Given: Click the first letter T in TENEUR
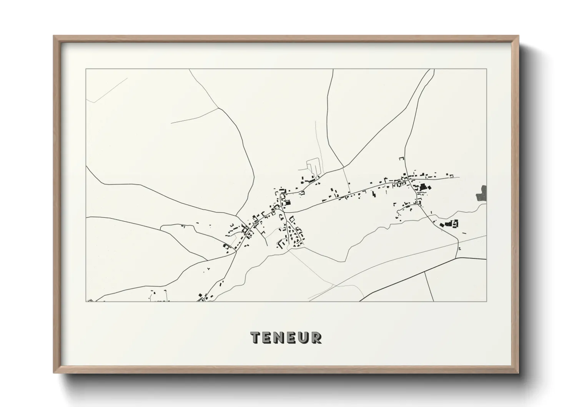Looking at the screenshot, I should tap(256, 337).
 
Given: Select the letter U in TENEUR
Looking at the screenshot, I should tap(304, 337).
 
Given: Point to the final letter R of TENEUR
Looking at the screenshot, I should tap(316, 337).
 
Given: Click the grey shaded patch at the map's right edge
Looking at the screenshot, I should tap(482, 193).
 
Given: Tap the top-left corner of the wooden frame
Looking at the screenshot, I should tap(54, 37).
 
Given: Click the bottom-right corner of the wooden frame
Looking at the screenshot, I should tap(518, 372).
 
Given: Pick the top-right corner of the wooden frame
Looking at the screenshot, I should tap(518, 37).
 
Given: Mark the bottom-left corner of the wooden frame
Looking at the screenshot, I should tap(54, 372).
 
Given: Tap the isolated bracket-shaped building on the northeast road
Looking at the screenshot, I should tap(402, 158).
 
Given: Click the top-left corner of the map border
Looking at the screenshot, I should tap(86, 69).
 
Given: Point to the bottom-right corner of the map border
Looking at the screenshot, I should tap(486, 301).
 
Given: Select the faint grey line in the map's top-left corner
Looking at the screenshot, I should tap(108, 89).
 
